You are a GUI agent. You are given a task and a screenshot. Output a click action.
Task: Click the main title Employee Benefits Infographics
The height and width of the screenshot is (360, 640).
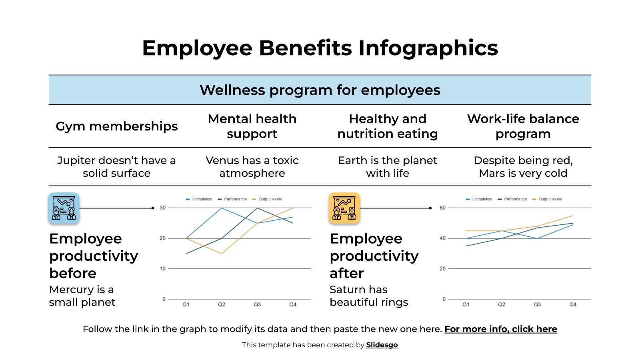[320, 48]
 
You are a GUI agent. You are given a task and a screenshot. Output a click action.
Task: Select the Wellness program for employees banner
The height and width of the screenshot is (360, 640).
[320, 90]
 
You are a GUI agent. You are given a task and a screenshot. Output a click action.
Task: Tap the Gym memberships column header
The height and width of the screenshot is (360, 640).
[116, 126]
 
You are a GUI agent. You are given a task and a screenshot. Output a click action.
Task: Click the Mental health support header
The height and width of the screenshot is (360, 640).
[252, 126]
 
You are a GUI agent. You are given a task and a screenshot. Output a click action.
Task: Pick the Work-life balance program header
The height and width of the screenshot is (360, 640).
[523, 126]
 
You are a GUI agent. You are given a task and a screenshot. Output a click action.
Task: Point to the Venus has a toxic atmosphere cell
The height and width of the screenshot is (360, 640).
[252, 167]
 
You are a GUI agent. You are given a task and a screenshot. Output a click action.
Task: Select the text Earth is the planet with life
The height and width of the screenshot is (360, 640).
[387, 167]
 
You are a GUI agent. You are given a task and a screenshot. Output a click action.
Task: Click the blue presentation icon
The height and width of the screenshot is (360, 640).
[64, 208]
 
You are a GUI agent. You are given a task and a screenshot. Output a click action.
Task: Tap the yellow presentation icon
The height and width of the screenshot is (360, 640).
[344, 208]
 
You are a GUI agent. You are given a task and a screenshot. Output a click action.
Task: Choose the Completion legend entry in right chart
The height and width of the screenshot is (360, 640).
[482, 199]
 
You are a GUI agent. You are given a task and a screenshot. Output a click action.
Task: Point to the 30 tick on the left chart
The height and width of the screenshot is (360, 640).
[162, 208]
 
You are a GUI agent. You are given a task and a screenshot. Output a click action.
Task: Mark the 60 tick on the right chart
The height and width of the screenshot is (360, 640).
[442, 208]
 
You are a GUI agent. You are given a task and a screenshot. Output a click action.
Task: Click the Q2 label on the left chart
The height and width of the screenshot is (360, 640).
[222, 305]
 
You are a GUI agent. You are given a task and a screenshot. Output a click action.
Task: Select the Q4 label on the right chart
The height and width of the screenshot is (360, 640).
[573, 305]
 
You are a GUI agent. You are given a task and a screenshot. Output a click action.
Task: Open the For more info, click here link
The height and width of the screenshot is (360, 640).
[500, 329]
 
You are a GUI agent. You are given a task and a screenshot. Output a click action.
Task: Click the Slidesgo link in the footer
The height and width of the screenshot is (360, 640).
[382, 345]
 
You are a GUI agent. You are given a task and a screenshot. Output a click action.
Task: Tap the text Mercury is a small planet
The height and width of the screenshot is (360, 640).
[82, 296]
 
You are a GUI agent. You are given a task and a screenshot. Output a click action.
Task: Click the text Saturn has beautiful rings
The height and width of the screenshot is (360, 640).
[368, 296]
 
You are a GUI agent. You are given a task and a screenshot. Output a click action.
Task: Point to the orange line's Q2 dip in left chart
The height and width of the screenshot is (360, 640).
[222, 254]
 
